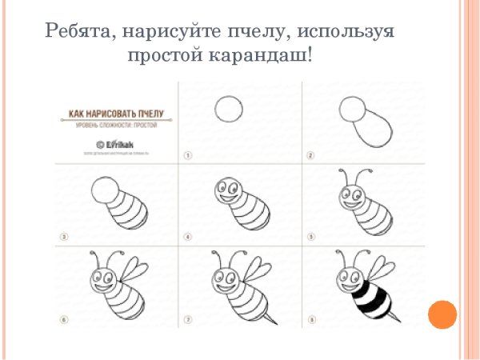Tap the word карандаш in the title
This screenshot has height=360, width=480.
(x=263, y=57)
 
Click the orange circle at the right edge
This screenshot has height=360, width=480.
(x=442, y=314)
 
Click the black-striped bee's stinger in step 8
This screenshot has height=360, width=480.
(x=396, y=318)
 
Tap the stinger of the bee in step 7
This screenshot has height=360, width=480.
(x=273, y=318)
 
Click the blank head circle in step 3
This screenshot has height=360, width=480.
(x=105, y=192)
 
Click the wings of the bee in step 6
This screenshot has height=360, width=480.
(x=134, y=270)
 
